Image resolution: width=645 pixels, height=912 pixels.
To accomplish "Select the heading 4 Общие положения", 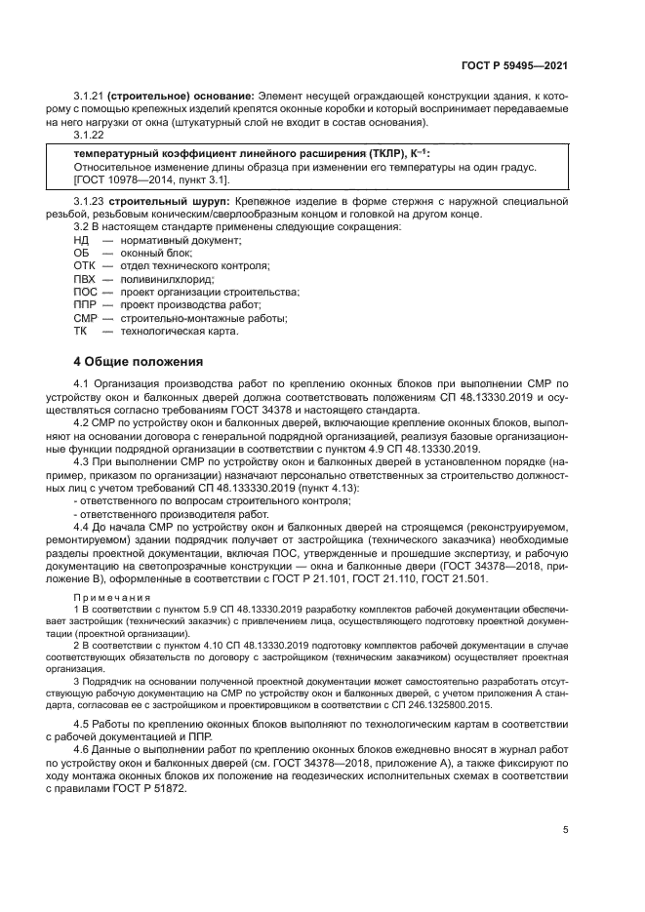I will [x=139, y=361].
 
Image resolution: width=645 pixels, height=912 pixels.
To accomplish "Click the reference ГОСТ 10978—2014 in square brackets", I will [x=121, y=179].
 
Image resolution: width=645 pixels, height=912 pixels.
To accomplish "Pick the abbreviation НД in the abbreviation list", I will [x=81, y=239].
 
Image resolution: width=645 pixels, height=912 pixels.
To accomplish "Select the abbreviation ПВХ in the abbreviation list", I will [x=84, y=278].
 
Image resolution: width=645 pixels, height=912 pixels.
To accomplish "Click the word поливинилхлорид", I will [x=159, y=278].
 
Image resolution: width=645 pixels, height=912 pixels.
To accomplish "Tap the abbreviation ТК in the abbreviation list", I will [x=81, y=331].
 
